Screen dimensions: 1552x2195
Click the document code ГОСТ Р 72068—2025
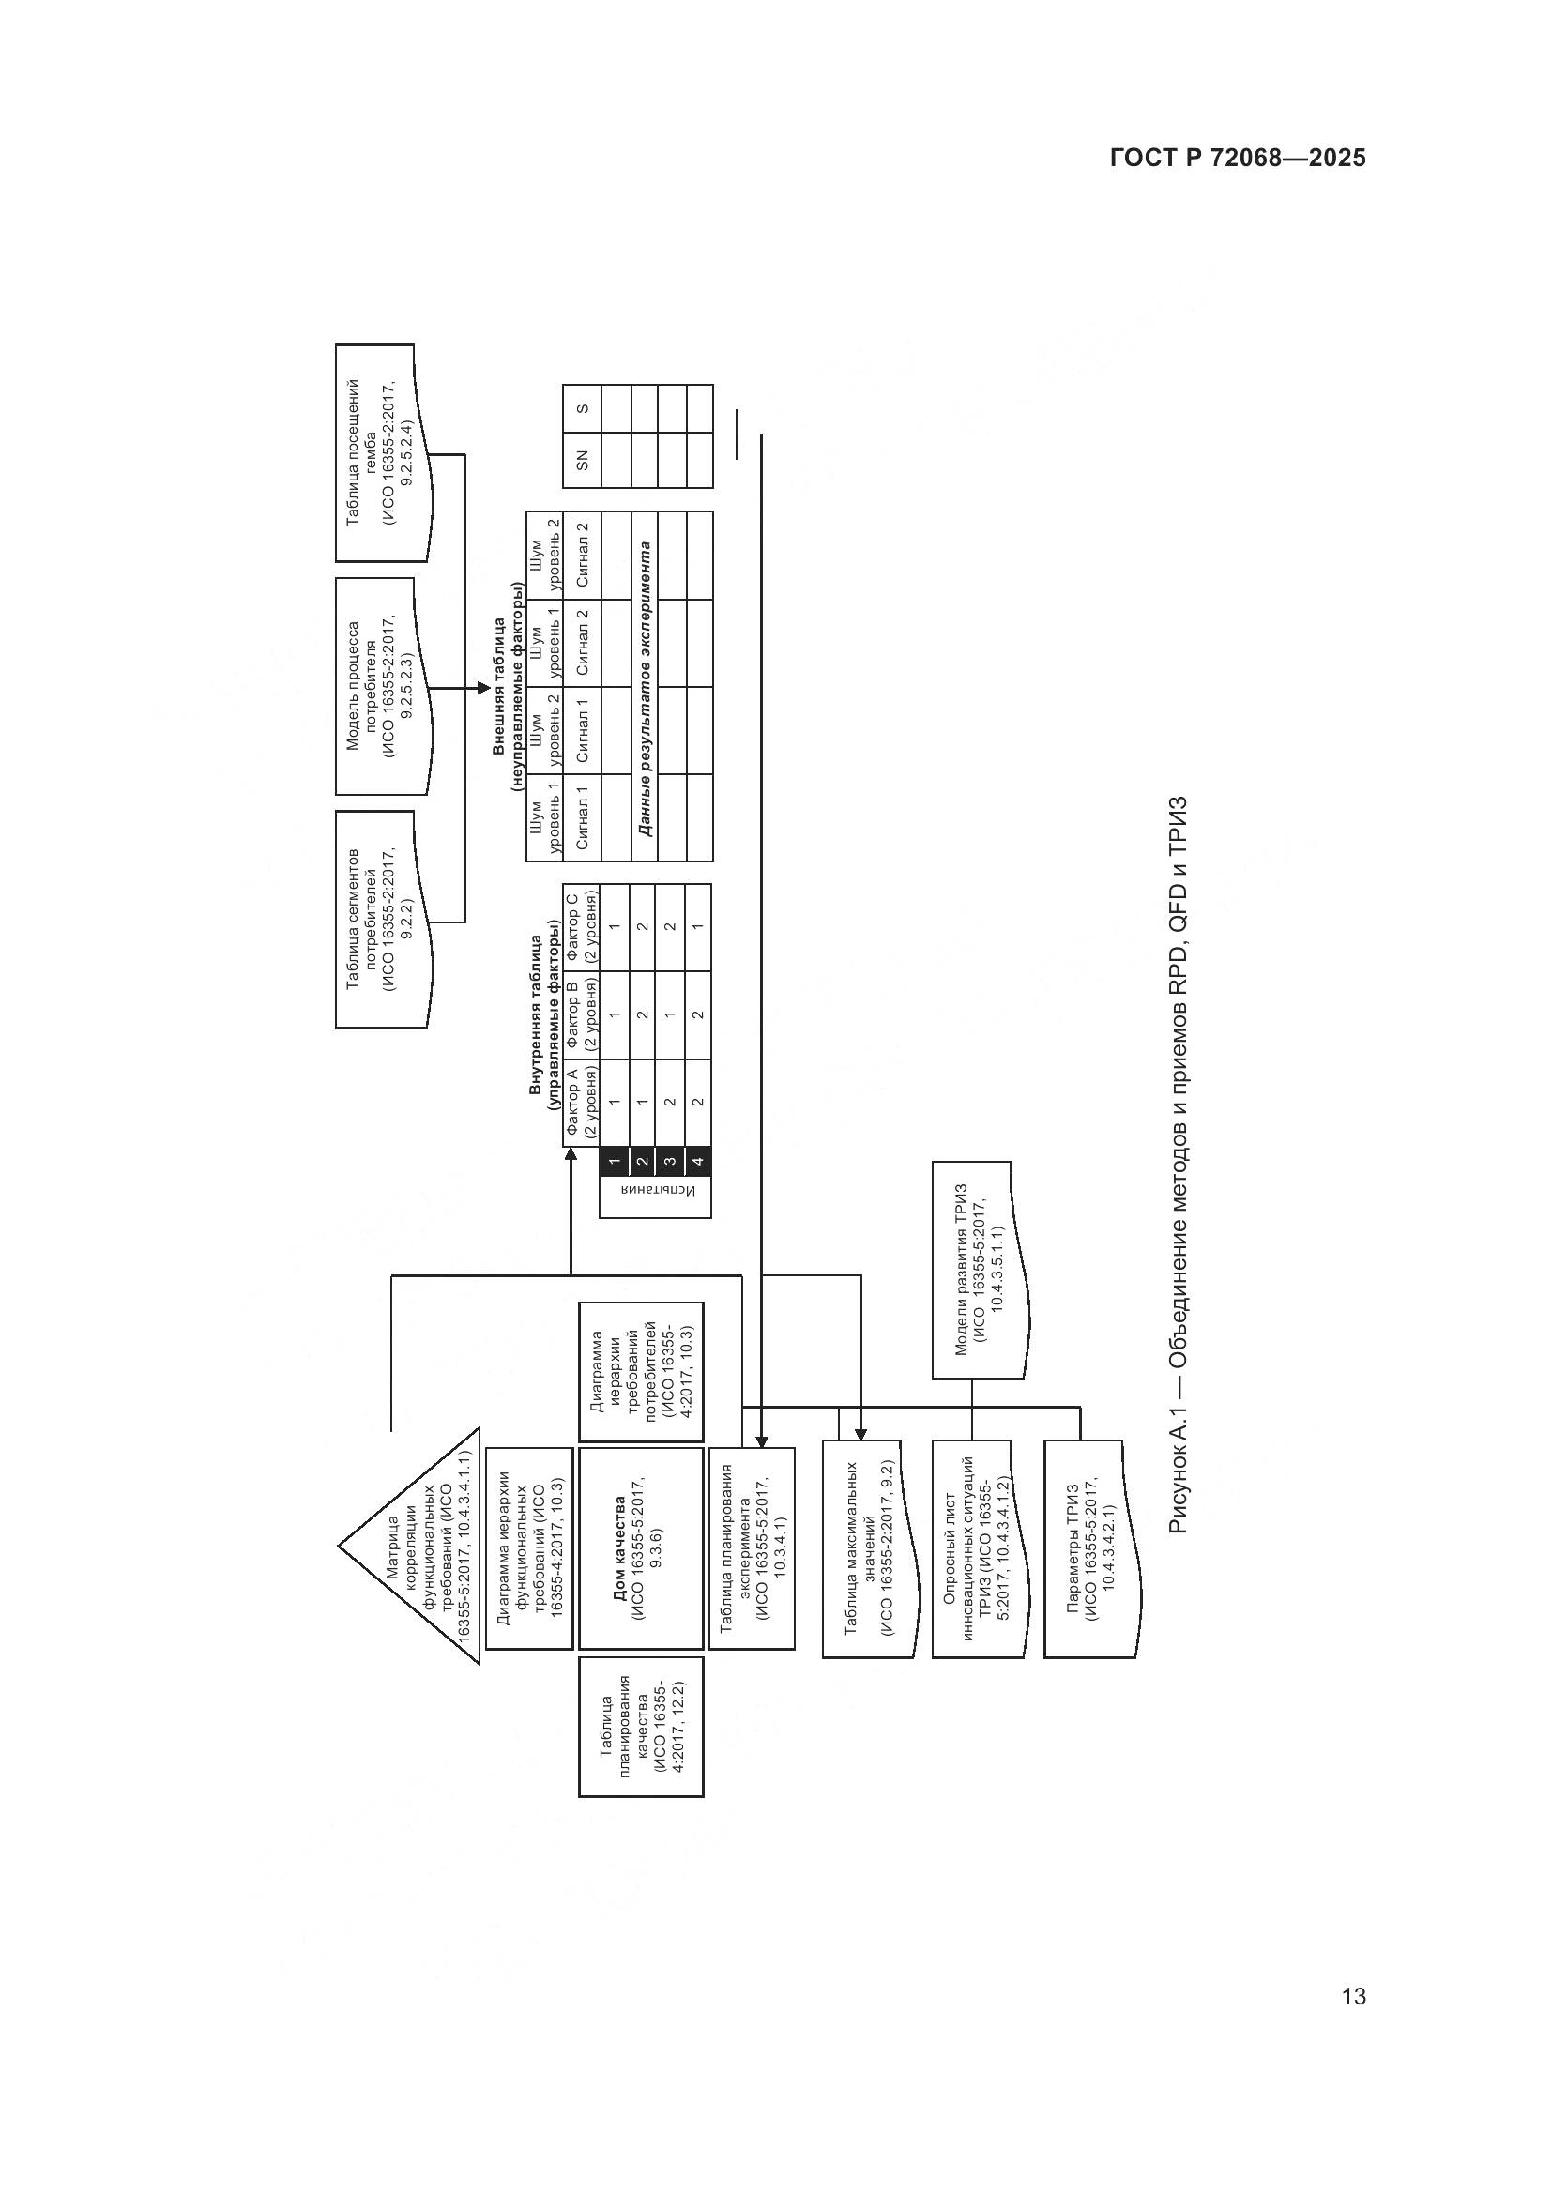(x=1238, y=159)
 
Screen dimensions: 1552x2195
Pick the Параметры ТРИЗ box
(x=1090, y=1549)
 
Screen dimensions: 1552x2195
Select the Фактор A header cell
(x=581, y=1103)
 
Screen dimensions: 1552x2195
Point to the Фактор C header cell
(x=581, y=927)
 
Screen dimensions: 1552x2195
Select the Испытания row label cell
(x=656, y=1195)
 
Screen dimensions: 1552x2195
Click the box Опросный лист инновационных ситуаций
(x=979, y=1549)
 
